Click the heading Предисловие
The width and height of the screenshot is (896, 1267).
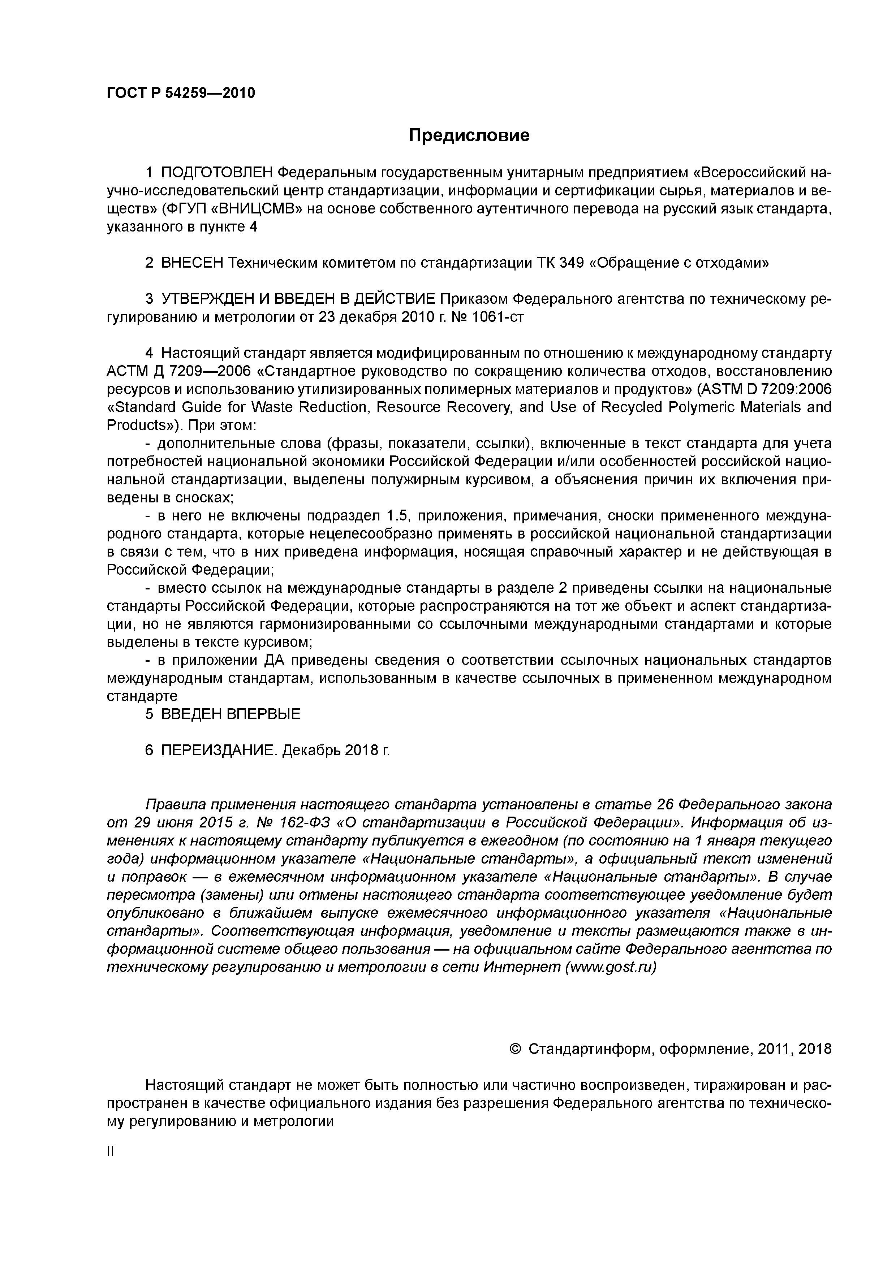[x=469, y=135]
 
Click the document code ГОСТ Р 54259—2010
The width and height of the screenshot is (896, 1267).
[x=181, y=93]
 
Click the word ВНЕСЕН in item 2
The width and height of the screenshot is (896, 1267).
[x=191, y=263]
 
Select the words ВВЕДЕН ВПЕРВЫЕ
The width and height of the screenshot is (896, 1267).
[x=231, y=714]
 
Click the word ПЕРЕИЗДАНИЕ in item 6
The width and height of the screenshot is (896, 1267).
[x=219, y=751]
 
